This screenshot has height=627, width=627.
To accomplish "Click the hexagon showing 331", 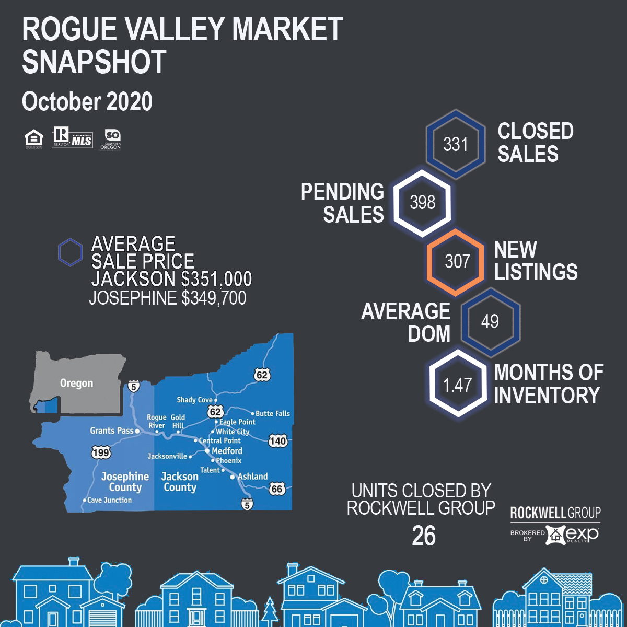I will coord(456,144).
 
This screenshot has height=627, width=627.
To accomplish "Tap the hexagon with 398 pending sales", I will coord(422,202).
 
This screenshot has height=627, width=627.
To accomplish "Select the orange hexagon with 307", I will coord(457,261).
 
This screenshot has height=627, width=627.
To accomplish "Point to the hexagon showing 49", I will coord(490,321).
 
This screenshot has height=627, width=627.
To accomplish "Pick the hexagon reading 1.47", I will coord(458,385).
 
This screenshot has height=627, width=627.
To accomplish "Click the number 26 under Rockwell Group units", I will coord(423,536).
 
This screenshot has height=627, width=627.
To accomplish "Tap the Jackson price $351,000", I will coord(217,279).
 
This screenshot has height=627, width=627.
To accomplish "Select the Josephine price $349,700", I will coord(214,298).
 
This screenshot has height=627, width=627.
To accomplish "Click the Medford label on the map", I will coord(227,450).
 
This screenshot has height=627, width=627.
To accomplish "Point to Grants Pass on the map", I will coord(112,431).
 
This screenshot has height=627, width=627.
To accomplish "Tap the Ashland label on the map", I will coord(252,477).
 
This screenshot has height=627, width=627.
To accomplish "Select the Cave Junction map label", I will coord(109,500).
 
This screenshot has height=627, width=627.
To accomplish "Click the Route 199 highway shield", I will coord(101,452).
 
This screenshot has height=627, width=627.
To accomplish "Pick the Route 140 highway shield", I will coord(278,441).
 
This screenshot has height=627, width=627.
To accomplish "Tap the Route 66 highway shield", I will coord(277,489).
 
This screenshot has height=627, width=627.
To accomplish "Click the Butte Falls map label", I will coord(272,413).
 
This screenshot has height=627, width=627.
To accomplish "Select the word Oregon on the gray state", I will coord(76,383).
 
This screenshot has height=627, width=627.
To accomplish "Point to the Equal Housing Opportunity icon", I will coord(34,138).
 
